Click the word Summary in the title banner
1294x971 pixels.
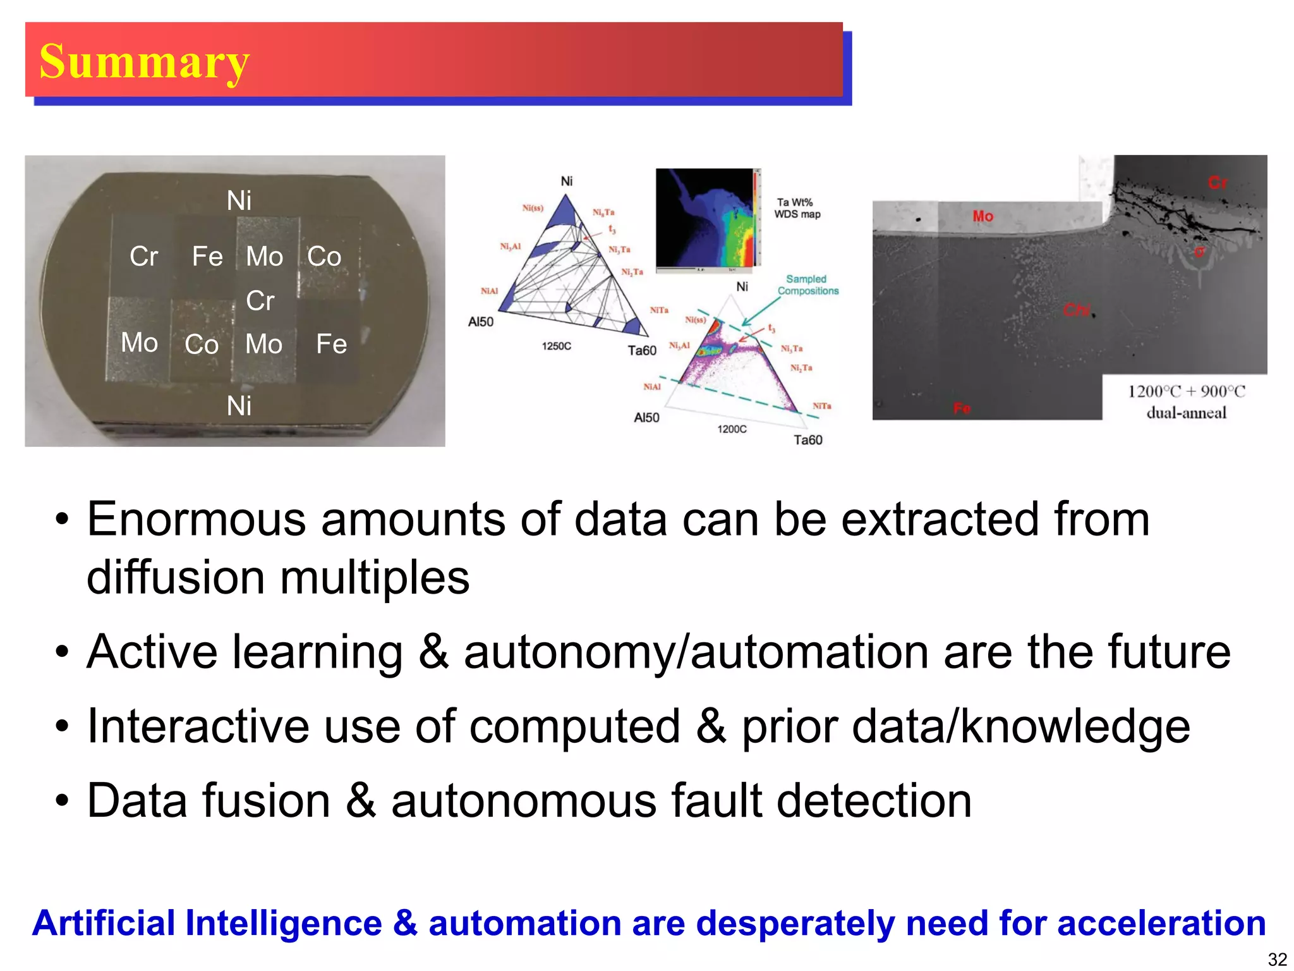click(x=145, y=62)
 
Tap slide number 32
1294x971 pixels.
click(x=1277, y=959)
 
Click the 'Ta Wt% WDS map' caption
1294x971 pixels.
click(x=797, y=208)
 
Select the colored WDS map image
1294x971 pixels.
click(x=708, y=218)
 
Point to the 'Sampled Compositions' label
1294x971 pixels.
click(x=807, y=284)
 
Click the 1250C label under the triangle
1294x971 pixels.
click(x=556, y=346)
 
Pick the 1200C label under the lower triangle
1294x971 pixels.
click(x=732, y=429)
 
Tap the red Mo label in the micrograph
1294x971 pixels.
click(x=983, y=216)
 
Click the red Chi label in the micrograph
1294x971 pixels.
click(x=1077, y=310)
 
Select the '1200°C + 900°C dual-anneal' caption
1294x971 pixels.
click(x=1186, y=402)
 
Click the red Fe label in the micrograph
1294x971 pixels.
click(x=962, y=408)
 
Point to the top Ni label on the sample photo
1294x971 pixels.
click(x=239, y=201)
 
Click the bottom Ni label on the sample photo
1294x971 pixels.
click(x=239, y=406)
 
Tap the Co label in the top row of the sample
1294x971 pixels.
click(x=324, y=257)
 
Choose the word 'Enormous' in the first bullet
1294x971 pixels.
click(x=196, y=520)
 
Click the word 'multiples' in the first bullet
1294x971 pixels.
click(x=375, y=578)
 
